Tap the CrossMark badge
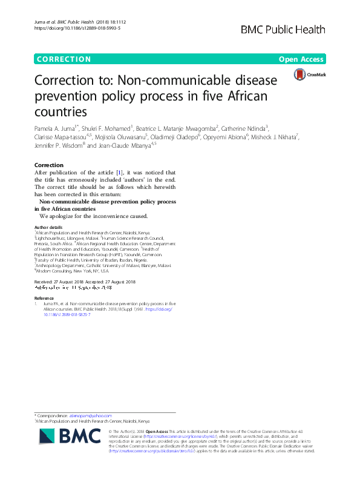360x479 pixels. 309,74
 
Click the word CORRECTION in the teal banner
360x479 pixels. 64,59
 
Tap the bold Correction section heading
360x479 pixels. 49,165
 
